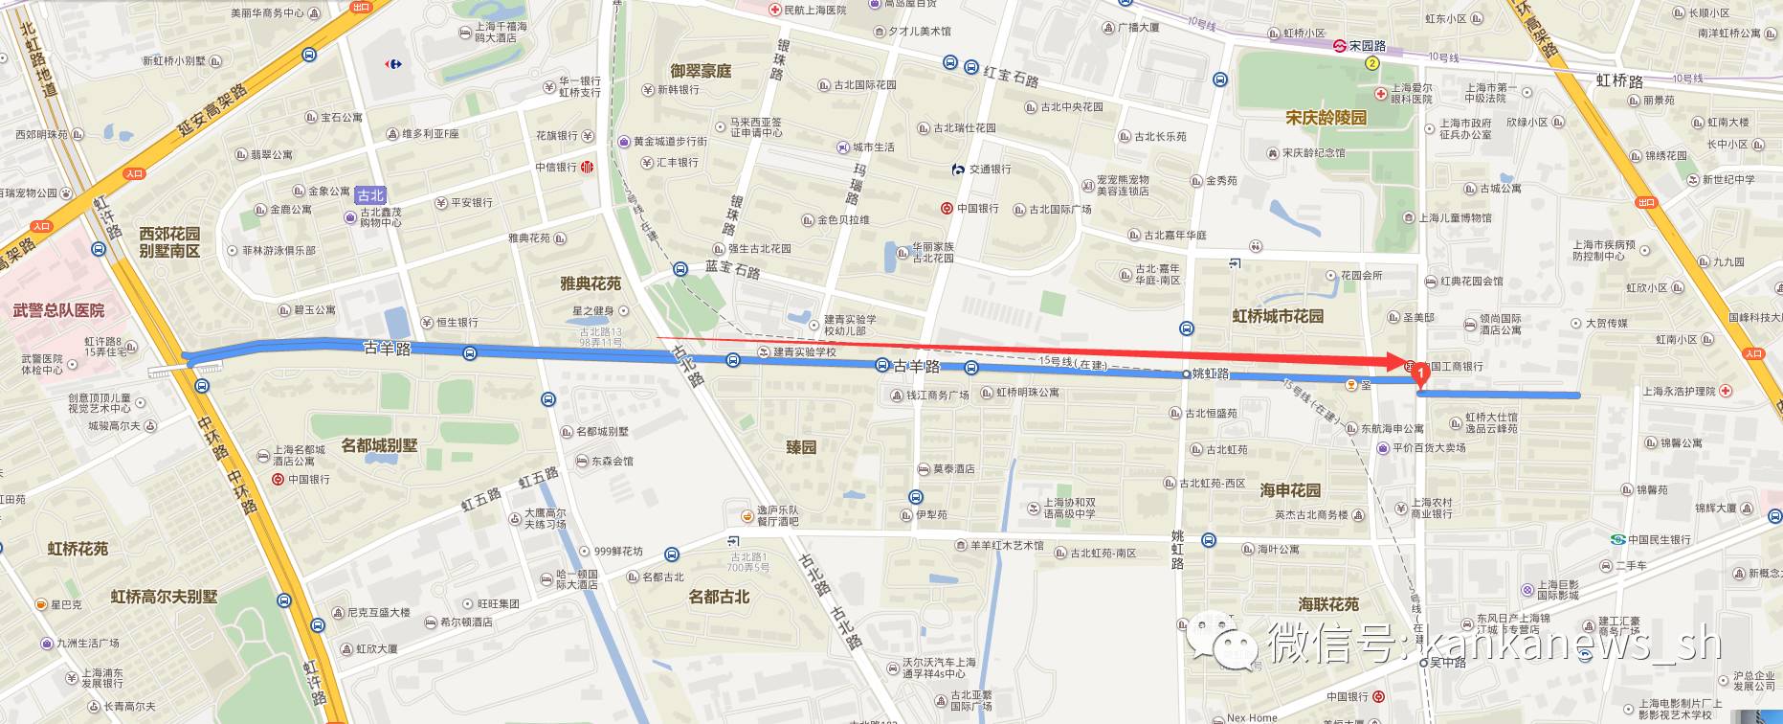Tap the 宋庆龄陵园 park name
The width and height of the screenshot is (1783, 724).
[1326, 118]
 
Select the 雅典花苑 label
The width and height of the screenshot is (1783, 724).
[591, 283]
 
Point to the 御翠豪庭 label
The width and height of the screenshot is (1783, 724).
[701, 71]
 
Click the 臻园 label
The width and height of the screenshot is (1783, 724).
[801, 447]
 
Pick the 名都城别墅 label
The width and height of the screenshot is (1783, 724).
[379, 445]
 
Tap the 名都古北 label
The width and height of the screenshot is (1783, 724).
[719, 597]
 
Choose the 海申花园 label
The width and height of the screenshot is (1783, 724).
[1290, 490]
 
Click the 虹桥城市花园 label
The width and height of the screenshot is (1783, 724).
[1278, 316]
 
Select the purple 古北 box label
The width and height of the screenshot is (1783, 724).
[370, 195]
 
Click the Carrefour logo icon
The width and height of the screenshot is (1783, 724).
[392, 64]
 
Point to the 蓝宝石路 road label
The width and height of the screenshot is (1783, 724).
[732, 269]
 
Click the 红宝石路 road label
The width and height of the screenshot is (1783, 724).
[1011, 77]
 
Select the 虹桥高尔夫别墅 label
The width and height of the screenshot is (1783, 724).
[164, 597]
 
